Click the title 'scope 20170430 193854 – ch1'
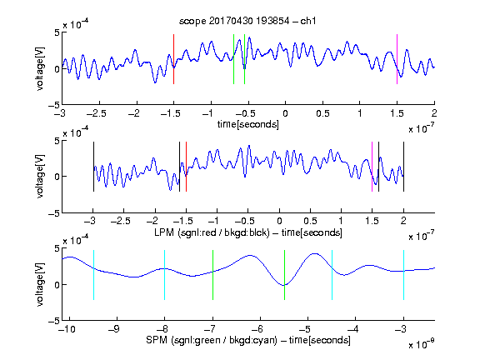247,21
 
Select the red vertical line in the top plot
174,59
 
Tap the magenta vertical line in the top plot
397,59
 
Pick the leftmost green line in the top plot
233,59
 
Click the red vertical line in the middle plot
186,167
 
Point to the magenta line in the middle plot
372,167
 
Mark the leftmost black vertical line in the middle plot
93,167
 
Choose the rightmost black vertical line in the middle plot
403,167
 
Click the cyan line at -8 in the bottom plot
165,275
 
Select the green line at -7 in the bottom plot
212,275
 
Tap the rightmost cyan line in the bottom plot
403,275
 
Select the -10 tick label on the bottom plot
67,329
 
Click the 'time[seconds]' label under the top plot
248,124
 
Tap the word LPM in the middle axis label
164,232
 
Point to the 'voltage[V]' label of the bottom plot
40,285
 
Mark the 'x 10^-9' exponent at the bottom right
422,344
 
